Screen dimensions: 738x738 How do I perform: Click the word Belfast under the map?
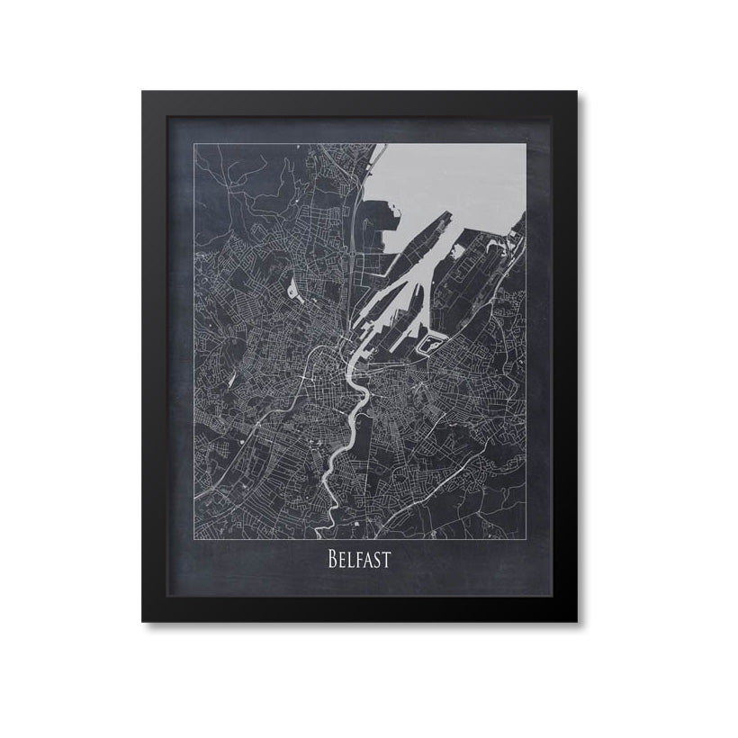click(x=359, y=560)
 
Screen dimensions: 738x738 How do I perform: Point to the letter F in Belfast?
click(x=359, y=561)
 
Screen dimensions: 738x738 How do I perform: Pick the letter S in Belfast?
click(x=378, y=561)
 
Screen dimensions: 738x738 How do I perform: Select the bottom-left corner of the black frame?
click(x=143, y=621)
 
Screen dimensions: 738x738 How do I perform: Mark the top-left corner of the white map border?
click(x=195, y=144)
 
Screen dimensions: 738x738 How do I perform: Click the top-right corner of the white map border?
click(x=525, y=144)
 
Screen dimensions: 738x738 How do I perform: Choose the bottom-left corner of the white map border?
click(x=195, y=537)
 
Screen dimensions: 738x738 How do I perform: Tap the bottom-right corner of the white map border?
click(x=525, y=537)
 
